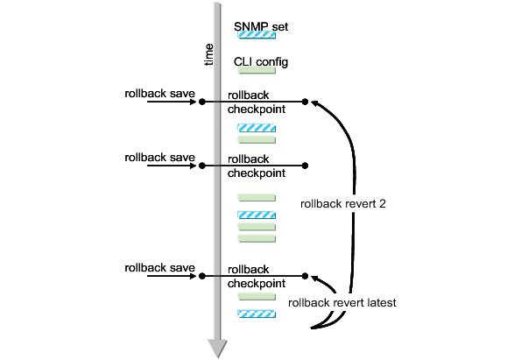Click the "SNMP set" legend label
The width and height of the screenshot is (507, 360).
point(261,27)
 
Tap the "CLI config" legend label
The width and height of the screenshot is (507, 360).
point(261,62)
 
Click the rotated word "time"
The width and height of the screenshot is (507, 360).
point(208,53)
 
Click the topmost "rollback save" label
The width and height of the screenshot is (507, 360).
point(160,91)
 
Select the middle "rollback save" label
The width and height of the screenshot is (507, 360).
point(160,157)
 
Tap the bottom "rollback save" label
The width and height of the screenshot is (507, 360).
point(160,266)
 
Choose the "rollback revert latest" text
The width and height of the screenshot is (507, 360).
point(342,302)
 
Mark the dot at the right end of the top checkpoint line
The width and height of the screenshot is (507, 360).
point(305,102)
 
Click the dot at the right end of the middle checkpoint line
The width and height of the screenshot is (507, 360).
point(305,166)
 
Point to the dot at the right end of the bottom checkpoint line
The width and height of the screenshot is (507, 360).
point(305,276)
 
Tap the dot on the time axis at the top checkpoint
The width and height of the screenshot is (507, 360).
point(202,102)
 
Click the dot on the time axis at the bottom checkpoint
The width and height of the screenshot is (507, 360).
point(202,276)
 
